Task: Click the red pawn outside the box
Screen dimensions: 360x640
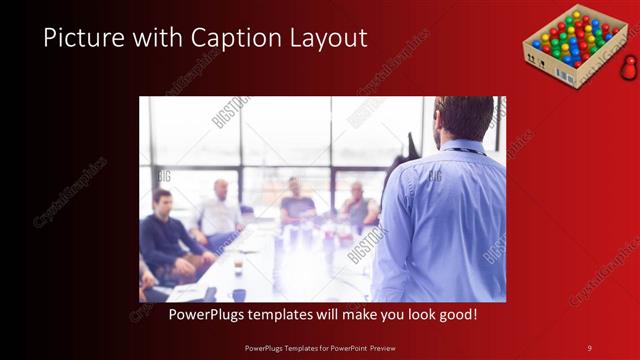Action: coord(628,68)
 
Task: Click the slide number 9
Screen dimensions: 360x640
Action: coord(589,347)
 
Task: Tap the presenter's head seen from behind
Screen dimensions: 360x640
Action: coord(463,118)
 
